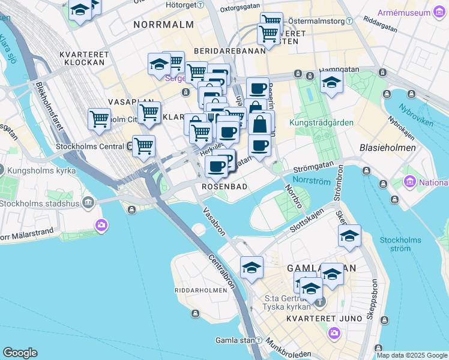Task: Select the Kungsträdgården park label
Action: (321, 122)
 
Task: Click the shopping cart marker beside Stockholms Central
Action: (143, 146)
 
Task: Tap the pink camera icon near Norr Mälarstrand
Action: (101, 225)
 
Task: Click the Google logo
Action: (20, 353)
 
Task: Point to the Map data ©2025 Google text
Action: (412, 355)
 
